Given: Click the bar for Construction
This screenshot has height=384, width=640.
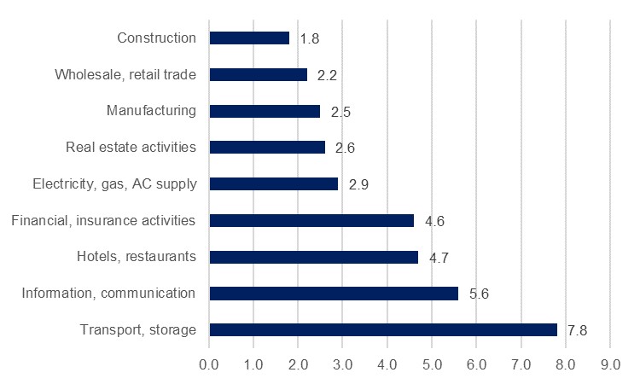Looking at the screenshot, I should point(249,38).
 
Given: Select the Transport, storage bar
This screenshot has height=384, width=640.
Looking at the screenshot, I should point(382,329).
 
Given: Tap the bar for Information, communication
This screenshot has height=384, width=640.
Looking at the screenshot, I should point(334,294).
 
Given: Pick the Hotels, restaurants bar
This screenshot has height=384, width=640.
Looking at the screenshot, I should point(313,257).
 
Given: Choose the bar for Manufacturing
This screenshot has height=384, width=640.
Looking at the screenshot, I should point(265,111).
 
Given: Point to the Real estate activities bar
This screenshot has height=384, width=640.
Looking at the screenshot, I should point(267,148).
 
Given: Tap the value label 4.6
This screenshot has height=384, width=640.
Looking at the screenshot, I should point(434,221).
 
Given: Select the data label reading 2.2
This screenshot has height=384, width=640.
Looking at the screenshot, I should point(328,75).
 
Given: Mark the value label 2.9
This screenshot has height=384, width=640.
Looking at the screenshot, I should point(358,184).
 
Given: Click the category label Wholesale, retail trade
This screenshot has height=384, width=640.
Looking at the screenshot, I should point(125,74).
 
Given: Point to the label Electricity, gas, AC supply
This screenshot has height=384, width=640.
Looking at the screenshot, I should point(114,183).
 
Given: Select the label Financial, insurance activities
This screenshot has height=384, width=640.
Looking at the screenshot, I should point(103,220).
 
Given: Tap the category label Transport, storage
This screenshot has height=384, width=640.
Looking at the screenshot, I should point(138,329).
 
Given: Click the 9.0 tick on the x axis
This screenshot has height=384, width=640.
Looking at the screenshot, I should point(609,364).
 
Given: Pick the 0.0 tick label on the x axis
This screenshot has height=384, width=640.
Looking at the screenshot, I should point(209,364).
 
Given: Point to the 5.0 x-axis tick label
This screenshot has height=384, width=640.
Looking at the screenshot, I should point(432,364).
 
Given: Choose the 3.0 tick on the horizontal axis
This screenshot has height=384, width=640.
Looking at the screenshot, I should point(342,364).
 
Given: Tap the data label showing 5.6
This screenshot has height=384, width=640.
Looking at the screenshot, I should point(479,294).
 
